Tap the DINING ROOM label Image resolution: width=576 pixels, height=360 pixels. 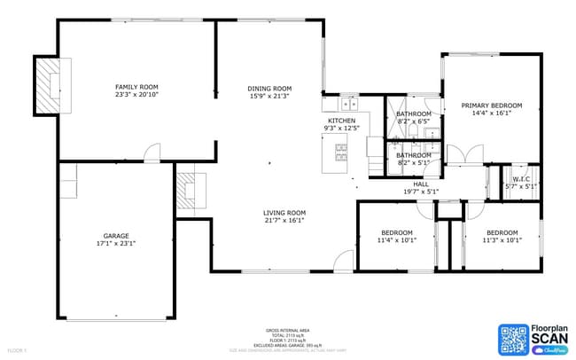click(x=269, y=89)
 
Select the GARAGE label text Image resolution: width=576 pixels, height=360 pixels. click(x=116, y=236)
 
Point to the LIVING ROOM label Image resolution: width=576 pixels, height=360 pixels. click(x=284, y=213)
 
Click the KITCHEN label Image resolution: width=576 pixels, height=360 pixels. click(x=341, y=121)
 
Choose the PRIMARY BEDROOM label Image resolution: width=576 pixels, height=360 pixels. click(x=491, y=106)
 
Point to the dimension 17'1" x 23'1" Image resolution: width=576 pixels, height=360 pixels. click(x=116, y=244)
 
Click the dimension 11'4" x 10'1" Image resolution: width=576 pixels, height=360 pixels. click(x=396, y=239)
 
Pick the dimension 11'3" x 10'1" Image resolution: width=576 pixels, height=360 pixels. click(x=501, y=239)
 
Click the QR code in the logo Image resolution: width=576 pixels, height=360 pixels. click(x=512, y=339)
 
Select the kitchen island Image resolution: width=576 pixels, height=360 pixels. click(x=341, y=156)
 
